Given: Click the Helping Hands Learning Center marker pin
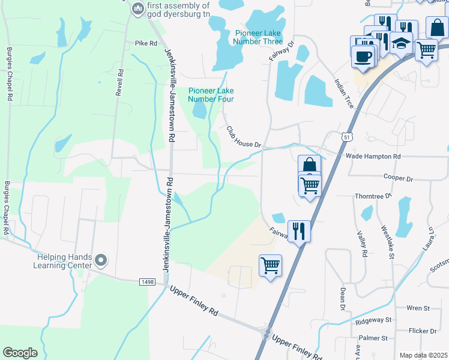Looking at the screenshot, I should [101, 260].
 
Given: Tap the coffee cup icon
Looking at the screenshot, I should [363, 56].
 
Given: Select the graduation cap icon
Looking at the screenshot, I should [399, 43].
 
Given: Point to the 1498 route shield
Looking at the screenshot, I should [148, 281].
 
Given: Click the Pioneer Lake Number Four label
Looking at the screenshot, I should [211, 95].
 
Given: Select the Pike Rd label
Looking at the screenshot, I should [145, 43].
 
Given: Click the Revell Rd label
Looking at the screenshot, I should [121, 80].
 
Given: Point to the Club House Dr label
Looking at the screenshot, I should [244, 137].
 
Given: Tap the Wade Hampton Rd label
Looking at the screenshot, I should [373, 156].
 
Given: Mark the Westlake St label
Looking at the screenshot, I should [388, 242].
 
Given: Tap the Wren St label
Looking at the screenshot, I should [418, 308].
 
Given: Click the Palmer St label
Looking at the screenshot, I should [374, 338].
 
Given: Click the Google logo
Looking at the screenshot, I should [20, 353].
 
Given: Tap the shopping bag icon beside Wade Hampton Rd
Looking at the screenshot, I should [309, 165].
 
